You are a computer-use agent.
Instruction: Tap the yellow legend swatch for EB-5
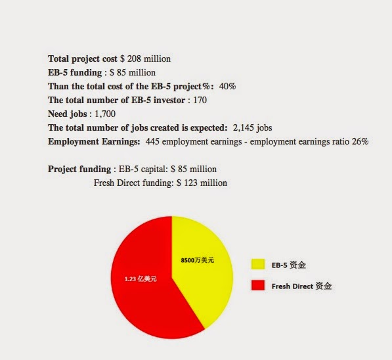point(258,265)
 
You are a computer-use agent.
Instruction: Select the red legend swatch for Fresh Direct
point(258,286)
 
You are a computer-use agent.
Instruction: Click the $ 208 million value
point(145,58)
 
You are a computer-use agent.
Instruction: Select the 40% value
point(227,86)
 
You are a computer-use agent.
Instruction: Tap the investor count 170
point(200,100)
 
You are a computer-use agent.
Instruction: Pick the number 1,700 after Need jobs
point(105,114)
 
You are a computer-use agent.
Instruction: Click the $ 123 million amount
point(202,183)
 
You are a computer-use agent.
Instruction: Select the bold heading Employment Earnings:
point(94,142)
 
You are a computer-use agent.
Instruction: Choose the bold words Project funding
point(79,169)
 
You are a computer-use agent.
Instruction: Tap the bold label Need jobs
point(68,114)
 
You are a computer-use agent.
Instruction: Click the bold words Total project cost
point(83,58)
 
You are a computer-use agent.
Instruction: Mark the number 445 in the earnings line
point(152,141)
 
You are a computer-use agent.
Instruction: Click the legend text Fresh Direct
point(292,286)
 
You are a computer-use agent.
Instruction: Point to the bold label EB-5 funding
point(75,72)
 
